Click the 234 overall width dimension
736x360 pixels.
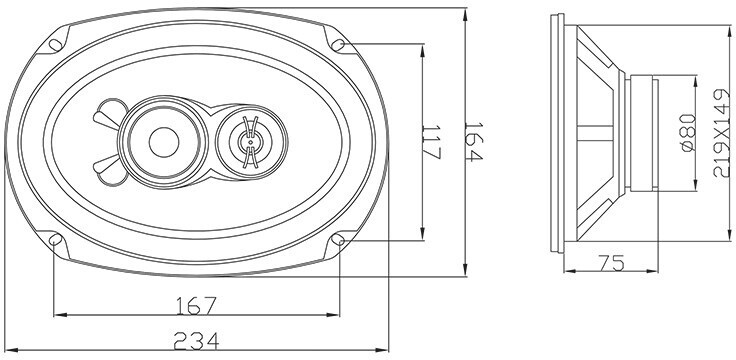(196, 341)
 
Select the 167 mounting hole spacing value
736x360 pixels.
(196, 306)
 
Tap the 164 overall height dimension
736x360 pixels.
(473, 142)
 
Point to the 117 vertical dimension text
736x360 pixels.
(431, 142)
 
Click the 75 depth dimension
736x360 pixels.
(612, 263)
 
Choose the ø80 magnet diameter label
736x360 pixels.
(688, 133)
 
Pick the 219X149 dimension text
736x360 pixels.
(722, 133)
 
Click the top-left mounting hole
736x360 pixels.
(55, 45)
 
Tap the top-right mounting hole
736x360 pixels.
(338, 45)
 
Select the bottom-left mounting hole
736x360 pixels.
(55, 239)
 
